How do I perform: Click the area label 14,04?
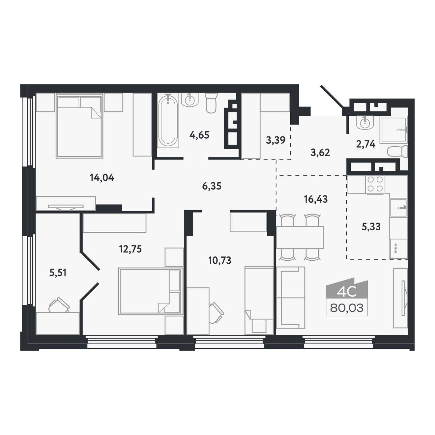(102, 178)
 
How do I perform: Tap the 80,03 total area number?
(347, 308)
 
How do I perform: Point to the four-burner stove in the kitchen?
(375, 185)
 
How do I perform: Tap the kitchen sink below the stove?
(398, 208)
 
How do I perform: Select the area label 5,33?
(371, 227)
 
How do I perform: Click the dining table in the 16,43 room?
(300, 237)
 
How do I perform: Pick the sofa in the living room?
(291, 298)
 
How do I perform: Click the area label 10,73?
(220, 260)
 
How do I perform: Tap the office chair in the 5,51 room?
(59, 305)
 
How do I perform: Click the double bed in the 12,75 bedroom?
(151, 291)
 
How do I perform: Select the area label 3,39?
(275, 140)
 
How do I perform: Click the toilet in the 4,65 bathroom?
(211, 103)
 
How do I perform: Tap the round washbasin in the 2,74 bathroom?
(364, 123)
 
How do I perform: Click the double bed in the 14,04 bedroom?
(79, 126)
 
